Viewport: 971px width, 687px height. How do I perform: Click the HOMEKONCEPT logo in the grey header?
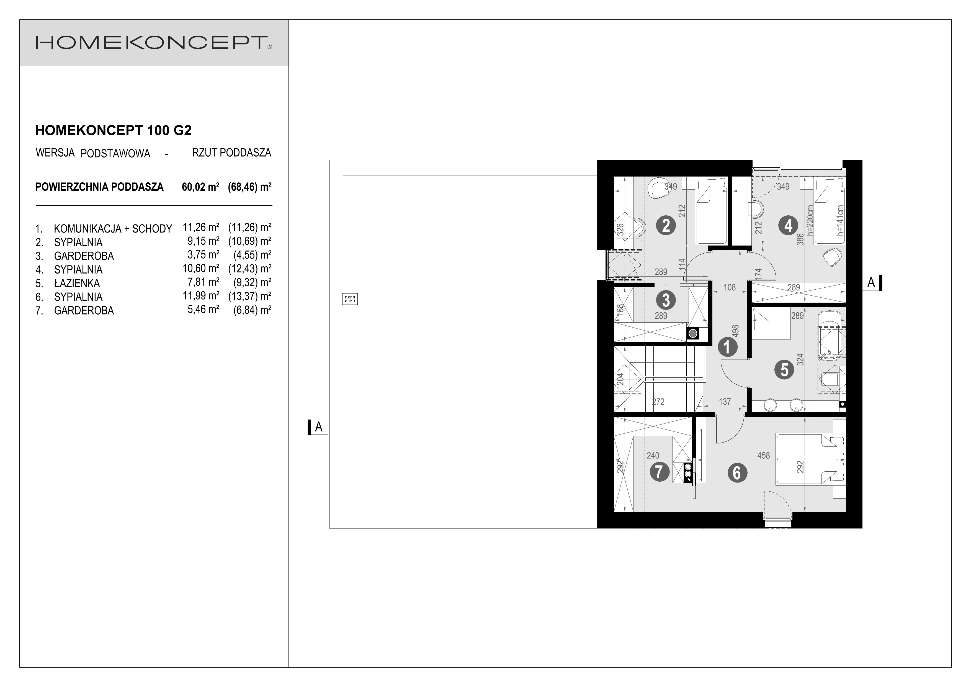coord(154,43)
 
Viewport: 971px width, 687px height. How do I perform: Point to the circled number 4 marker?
coord(788,226)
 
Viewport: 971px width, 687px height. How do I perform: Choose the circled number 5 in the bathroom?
coord(784,369)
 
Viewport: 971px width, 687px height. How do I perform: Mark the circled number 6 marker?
coord(737,473)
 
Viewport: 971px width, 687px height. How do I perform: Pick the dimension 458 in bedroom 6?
coord(763,456)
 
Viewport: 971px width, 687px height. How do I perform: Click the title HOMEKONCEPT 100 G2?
coord(113,130)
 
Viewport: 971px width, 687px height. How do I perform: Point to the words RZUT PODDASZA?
coord(231,153)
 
